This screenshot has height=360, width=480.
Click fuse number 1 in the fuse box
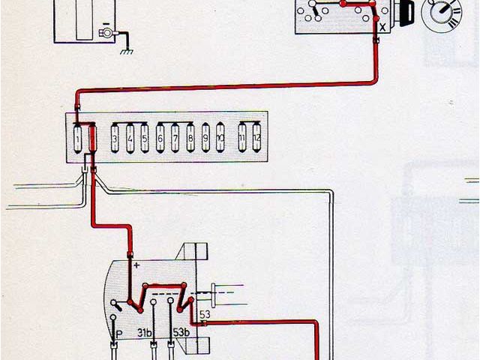(x=79, y=139)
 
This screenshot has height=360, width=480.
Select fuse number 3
(x=115, y=139)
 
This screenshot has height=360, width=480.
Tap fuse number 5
(x=144, y=139)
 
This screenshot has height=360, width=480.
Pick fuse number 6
(x=160, y=139)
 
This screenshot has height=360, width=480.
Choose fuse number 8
(x=190, y=139)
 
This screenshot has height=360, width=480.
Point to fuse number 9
(x=205, y=139)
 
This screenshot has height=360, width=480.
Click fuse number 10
(x=220, y=139)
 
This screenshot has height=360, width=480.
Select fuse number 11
(x=242, y=139)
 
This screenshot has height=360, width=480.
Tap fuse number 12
(x=256, y=139)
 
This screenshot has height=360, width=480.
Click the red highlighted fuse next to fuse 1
(x=93, y=139)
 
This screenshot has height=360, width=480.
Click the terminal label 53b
(x=181, y=331)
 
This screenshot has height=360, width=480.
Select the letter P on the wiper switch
(x=118, y=331)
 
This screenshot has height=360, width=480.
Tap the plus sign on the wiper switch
(x=137, y=265)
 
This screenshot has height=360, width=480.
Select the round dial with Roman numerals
(x=437, y=15)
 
